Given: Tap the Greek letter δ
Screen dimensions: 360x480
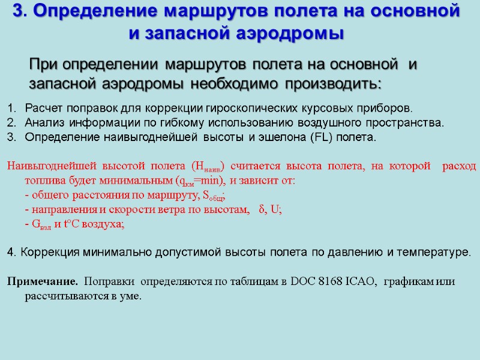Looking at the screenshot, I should [x=261, y=209].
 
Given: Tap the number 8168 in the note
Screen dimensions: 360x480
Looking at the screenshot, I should [x=326, y=281].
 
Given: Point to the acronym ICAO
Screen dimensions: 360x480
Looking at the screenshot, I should [x=361, y=281].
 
